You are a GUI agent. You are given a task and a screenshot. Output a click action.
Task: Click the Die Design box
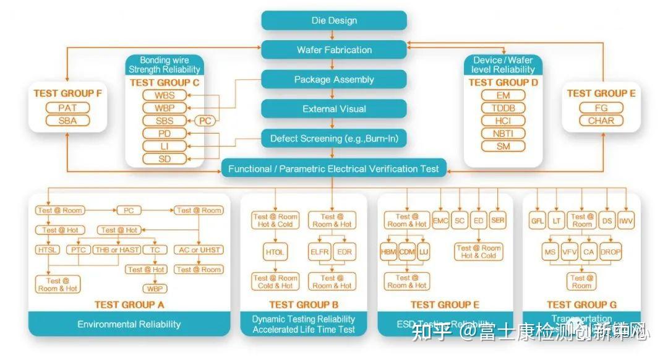tap(334, 20)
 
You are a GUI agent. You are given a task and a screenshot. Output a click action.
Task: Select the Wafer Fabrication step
tap(334, 50)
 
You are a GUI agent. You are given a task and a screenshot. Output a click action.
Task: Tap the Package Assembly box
tap(334, 80)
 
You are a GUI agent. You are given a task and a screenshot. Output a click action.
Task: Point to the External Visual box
tap(334, 109)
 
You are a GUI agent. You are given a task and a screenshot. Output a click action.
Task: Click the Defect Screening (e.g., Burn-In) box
tap(334, 139)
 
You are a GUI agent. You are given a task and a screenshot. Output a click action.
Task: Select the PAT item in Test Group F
tap(68, 108)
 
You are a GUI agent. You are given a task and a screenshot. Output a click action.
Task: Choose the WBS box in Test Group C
tap(164, 95)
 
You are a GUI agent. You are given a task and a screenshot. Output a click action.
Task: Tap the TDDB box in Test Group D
tap(503, 108)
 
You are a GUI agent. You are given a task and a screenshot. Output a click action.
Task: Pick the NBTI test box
tap(503, 134)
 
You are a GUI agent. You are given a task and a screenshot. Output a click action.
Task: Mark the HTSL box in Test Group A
tap(48, 250)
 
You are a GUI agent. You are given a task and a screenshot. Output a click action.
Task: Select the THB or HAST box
tap(117, 250)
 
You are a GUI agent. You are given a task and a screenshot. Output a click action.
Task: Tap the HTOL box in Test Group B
tap(274, 252)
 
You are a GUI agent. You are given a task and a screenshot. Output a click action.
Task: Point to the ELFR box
tap(320, 252)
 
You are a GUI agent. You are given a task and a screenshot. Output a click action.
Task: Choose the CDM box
tap(406, 252)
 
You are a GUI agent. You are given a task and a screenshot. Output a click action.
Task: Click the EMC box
tap(440, 221)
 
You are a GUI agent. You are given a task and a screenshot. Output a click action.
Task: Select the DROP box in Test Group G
tap(610, 252)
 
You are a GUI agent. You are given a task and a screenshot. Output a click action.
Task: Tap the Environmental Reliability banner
tap(129, 324)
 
